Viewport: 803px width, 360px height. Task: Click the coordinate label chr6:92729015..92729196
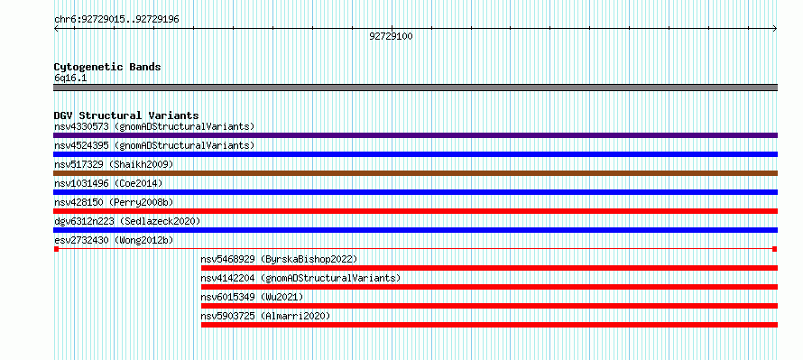point(116,20)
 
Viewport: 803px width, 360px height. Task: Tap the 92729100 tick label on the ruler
point(391,36)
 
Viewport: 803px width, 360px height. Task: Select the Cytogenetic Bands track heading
point(107,67)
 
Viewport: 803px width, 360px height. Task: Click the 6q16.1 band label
point(70,78)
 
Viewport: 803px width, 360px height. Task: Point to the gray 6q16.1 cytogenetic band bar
point(415,88)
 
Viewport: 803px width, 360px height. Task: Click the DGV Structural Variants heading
point(126,115)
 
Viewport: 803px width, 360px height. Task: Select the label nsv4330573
point(81,126)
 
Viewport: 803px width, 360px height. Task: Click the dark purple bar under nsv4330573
point(415,135)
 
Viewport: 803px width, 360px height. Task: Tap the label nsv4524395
point(81,145)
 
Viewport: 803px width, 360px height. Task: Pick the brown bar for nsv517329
point(415,173)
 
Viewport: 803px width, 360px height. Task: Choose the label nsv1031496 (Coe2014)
point(104,183)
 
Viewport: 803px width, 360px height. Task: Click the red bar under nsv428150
point(415,211)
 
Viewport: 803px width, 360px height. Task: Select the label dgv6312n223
point(84,221)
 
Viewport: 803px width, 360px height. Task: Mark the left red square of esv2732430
point(56,249)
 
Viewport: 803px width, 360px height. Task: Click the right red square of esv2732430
point(775,249)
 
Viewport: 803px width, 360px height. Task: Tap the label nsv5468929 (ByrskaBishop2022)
point(279,259)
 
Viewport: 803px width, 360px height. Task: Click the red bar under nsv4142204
point(490,287)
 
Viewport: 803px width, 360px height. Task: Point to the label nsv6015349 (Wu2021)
point(252,297)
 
